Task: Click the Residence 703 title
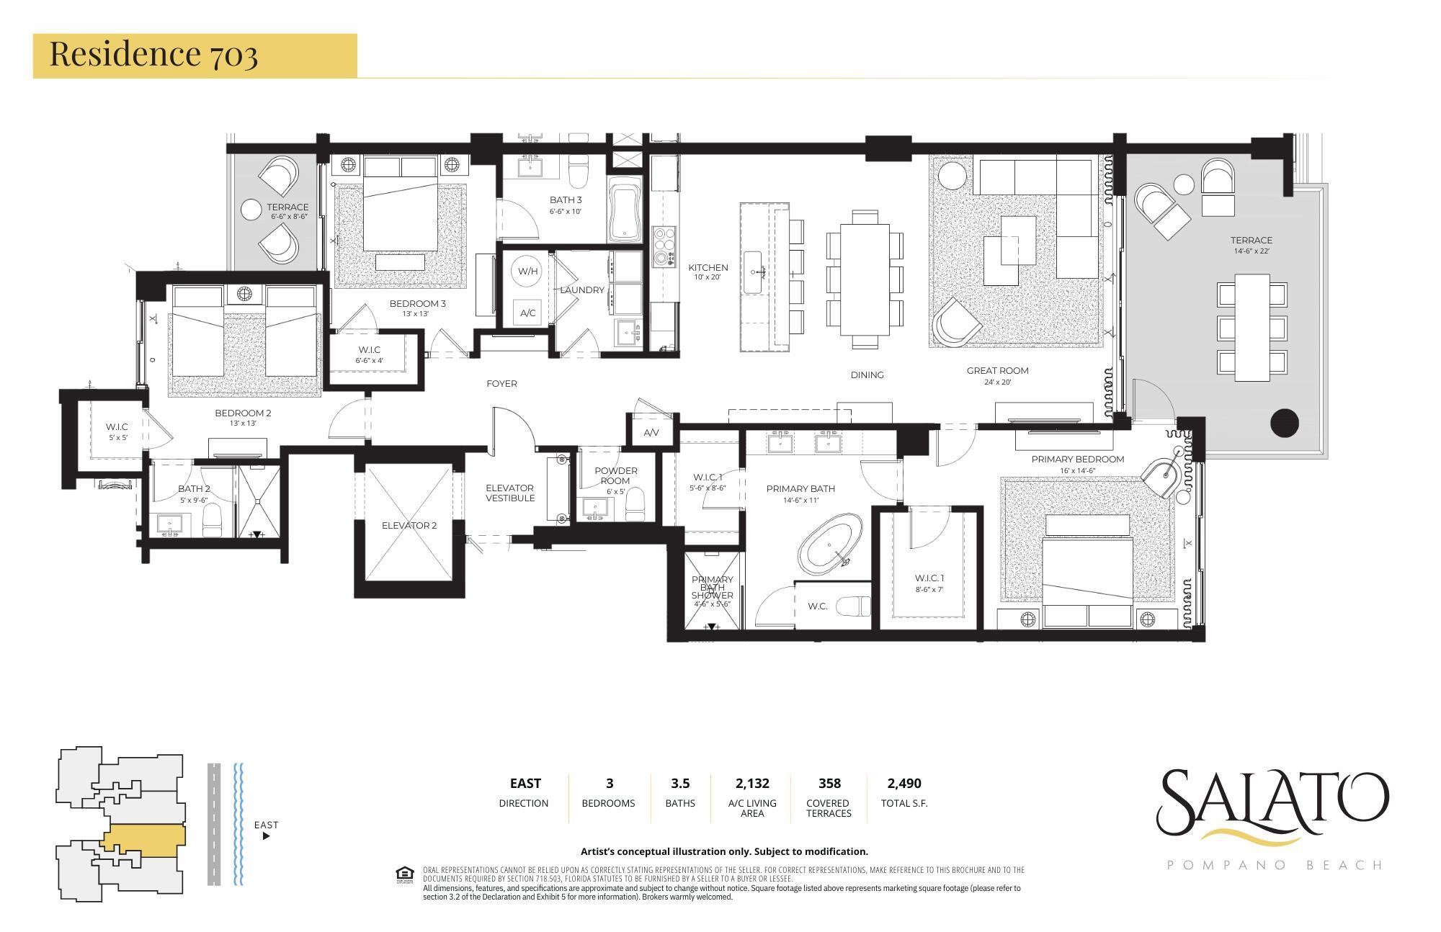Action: pos(153,54)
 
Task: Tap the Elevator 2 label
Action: pos(409,525)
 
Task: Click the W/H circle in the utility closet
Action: pos(527,272)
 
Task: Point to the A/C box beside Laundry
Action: pos(527,313)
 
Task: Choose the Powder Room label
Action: pos(615,475)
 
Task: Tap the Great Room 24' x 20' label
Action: pos(997,375)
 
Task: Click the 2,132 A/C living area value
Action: pos(751,783)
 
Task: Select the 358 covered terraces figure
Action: pos(829,783)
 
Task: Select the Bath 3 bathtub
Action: pos(625,212)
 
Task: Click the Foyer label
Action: pos(501,383)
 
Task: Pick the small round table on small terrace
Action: pos(251,210)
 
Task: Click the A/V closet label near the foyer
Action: pos(651,433)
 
